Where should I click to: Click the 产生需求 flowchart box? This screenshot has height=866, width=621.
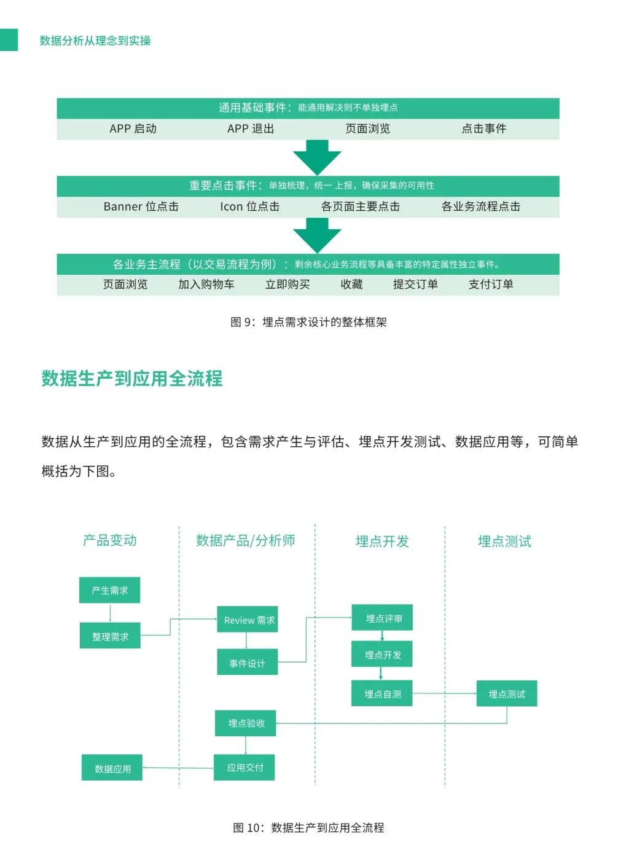[x=109, y=590]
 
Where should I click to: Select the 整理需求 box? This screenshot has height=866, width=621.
[x=110, y=636]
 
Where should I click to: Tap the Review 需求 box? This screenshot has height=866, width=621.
[x=247, y=620]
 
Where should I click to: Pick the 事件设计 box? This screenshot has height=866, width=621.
[x=247, y=663]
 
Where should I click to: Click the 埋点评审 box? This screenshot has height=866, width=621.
[x=382, y=618]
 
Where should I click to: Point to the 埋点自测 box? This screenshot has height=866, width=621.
[x=381, y=693]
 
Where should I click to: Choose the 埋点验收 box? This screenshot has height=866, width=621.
[x=245, y=723]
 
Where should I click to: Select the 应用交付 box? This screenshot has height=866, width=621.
[x=244, y=767]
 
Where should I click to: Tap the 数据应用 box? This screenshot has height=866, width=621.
[x=112, y=768]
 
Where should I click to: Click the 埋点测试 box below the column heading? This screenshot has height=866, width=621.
[x=507, y=693]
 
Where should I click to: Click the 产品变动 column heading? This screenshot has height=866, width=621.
[x=110, y=540]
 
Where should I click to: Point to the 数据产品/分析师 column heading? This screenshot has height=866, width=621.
[x=245, y=540]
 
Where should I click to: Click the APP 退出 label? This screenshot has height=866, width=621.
[x=251, y=128]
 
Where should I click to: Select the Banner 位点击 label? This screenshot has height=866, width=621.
[x=141, y=207]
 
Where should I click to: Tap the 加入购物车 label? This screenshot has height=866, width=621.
[x=206, y=284]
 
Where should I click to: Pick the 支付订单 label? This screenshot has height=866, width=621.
[x=491, y=284]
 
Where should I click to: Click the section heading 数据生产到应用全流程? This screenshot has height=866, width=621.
[x=132, y=378]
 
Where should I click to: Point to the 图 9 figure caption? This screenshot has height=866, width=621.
[x=308, y=322]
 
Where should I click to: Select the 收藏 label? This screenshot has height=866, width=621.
[x=351, y=284]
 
